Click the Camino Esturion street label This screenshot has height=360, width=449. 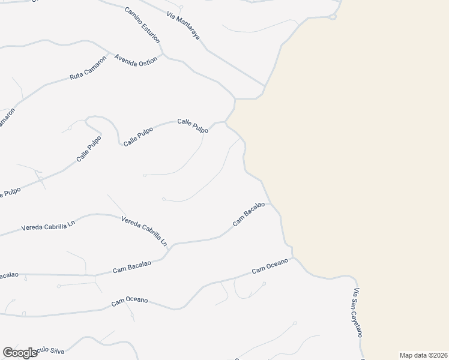(142, 25)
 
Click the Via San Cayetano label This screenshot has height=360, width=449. (358, 312)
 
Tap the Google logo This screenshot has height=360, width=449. (20, 353)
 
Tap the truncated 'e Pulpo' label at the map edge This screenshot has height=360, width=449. (10, 193)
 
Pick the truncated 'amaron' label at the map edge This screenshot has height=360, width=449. (6, 119)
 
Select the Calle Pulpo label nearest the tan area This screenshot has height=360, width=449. (193, 125)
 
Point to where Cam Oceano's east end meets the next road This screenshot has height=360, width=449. (294, 259)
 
